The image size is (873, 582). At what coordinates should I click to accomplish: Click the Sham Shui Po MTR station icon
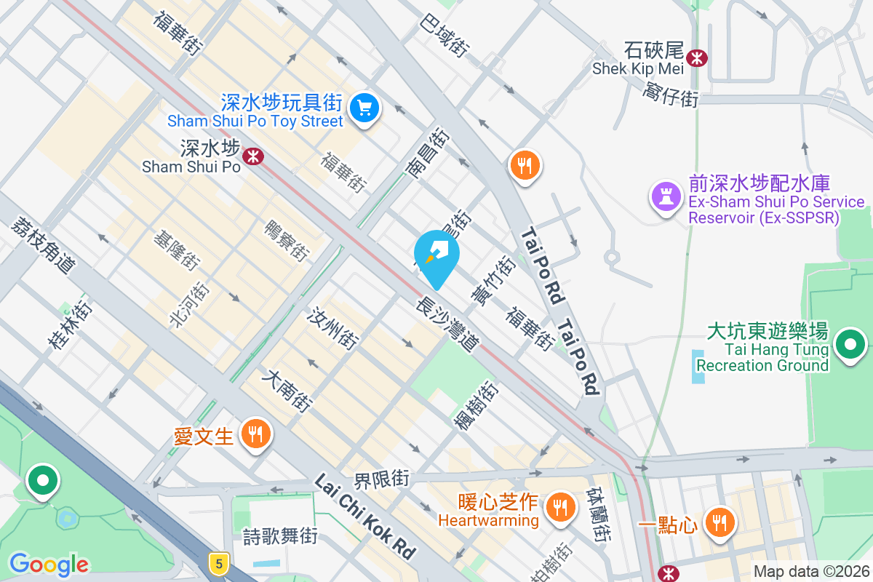pyautogui.click(x=253, y=156)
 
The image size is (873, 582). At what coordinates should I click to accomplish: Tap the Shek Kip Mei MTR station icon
pyautogui.click(x=698, y=57)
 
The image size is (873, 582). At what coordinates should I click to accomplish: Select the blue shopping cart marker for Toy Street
pyautogui.click(x=363, y=109)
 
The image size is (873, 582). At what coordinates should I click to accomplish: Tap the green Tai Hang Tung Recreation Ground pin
pyautogui.click(x=850, y=345)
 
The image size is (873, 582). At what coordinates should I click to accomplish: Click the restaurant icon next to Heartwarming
pyautogui.click(x=559, y=504)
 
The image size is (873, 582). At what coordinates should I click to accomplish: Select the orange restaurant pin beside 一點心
pyautogui.click(x=719, y=522)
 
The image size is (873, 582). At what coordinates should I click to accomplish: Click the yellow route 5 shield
pyautogui.click(x=218, y=562)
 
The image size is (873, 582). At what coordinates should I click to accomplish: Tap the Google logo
pyautogui.click(x=49, y=564)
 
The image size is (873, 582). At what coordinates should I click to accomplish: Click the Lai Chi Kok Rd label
pyautogui.click(x=365, y=517)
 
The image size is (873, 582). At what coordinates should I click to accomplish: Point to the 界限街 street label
pyautogui.click(x=382, y=479)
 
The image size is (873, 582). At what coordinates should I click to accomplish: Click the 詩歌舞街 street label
pyautogui.click(x=280, y=537)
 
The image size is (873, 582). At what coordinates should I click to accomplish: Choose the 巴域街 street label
pyautogui.click(x=443, y=36)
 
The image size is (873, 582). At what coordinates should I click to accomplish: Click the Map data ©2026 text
pyautogui.click(x=811, y=571)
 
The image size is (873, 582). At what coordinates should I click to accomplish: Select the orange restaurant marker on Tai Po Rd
pyautogui.click(x=524, y=166)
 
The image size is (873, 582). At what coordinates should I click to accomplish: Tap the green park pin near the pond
pyautogui.click(x=43, y=481)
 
